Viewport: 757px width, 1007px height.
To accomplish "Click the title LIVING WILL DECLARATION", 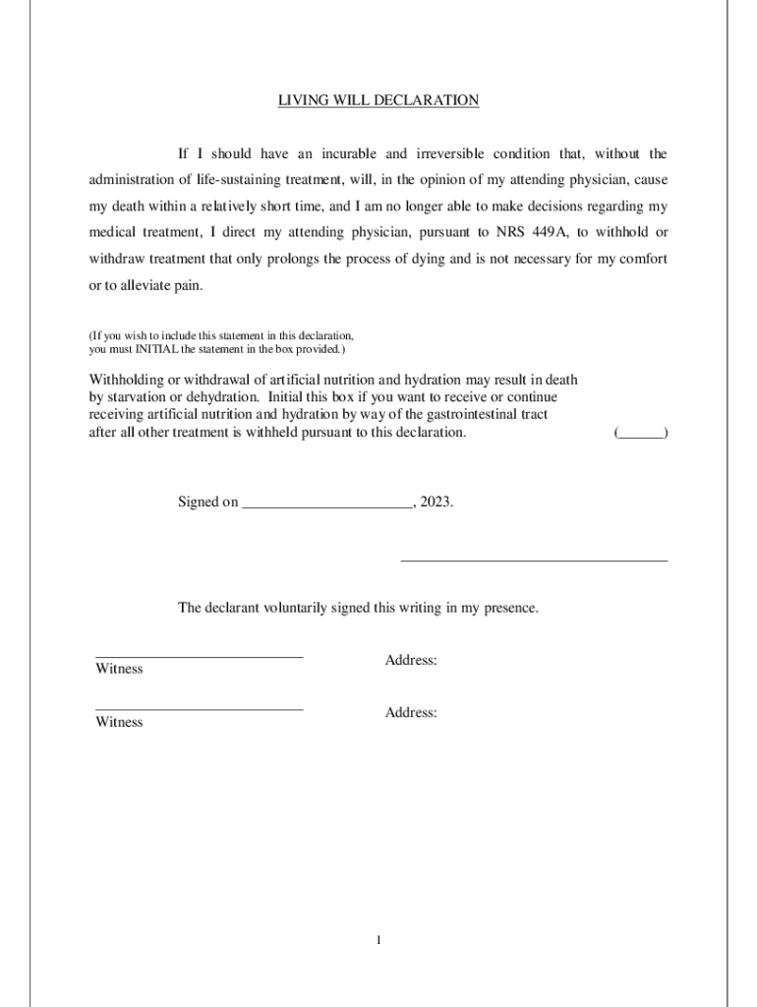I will coord(378,100).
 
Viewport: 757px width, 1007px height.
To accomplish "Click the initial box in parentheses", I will coord(641,433).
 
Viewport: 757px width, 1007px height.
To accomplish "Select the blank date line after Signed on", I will coord(327,502).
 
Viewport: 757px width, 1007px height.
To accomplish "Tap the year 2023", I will coord(436,502).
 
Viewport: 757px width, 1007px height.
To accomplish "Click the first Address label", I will coord(411,660).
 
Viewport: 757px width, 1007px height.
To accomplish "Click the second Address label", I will coord(411,712).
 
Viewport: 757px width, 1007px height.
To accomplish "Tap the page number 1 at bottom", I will coord(378,941).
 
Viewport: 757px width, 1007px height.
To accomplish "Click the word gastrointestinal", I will coord(478,415).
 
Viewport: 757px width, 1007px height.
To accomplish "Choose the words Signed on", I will coord(207,502).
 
